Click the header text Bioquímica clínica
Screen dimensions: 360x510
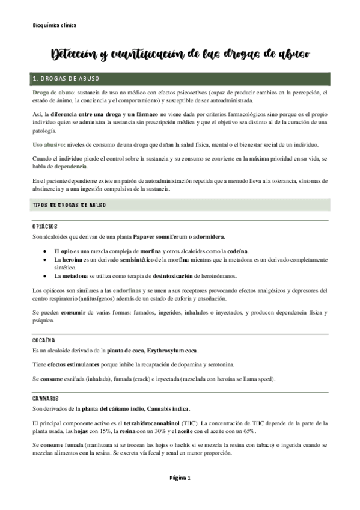pos(54,25)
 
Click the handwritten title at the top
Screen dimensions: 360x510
pos(181,55)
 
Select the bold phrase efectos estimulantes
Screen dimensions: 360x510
pos(75,365)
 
